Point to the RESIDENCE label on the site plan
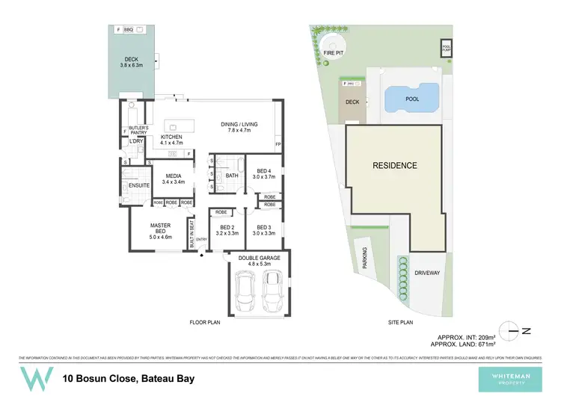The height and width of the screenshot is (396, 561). (x=395, y=164)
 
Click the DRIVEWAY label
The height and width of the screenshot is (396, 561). (x=427, y=273)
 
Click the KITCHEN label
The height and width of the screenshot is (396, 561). (x=171, y=137)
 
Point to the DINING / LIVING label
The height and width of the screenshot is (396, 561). (x=239, y=125)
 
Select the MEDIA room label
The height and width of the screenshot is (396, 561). (x=174, y=177)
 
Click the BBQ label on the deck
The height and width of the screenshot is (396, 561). (x=128, y=29)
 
